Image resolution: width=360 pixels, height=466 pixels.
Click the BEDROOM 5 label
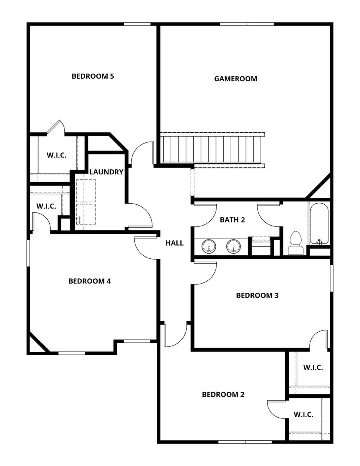(93, 76)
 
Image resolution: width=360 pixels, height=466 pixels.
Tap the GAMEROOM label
(236, 79)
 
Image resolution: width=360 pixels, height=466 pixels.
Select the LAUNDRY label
(106, 172)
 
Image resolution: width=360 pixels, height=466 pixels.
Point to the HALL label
(174, 243)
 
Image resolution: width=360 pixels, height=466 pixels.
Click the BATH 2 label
(232, 220)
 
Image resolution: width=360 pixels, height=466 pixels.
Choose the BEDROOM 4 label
(90, 281)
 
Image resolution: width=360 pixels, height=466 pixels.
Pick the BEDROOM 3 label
(257, 296)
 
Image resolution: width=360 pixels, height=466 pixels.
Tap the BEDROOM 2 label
(223, 395)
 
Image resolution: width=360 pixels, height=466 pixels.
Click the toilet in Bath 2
(296, 243)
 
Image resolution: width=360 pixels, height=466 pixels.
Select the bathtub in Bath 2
(319, 223)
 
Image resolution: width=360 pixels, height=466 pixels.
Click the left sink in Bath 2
(208, 246)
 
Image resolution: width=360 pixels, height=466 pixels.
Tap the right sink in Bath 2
(233, 246)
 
